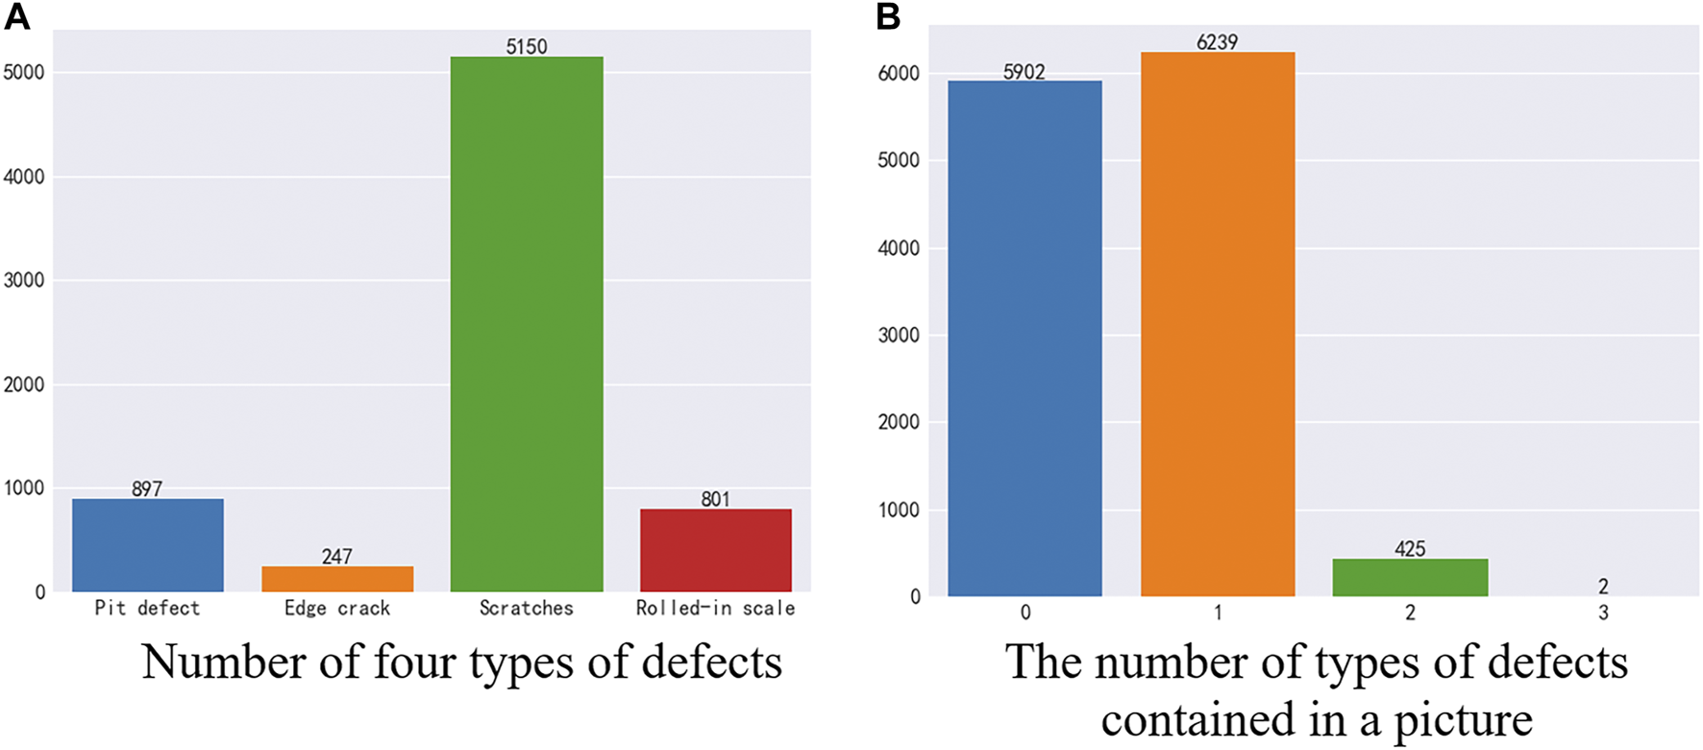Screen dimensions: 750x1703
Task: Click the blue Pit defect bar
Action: [147, 545]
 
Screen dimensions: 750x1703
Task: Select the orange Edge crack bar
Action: [337, 579]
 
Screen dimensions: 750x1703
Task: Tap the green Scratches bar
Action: [527, 324]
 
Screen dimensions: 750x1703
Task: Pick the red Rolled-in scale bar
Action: [716, 550]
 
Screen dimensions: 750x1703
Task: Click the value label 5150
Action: [527, 46]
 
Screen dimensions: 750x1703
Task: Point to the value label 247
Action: [337, 556]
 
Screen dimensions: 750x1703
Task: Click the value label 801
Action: [716, 499]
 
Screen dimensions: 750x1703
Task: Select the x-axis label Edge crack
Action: [337, 609]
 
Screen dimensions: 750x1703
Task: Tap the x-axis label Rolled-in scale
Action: [716, 609]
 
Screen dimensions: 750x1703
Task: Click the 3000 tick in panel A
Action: [24, 281]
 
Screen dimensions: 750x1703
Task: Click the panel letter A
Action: [16, 16]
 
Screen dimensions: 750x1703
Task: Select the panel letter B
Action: [888, 16]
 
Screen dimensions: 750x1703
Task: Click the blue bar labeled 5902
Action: [1024, 338]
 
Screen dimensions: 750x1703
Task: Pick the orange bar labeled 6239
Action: [1218, 324]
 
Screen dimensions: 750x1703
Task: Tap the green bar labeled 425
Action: [1410, 578]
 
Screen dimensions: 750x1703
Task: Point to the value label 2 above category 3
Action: [1603, 587]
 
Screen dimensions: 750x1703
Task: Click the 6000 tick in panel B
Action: [899, 74]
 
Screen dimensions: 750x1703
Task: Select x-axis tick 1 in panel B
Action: [1218, 613]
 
